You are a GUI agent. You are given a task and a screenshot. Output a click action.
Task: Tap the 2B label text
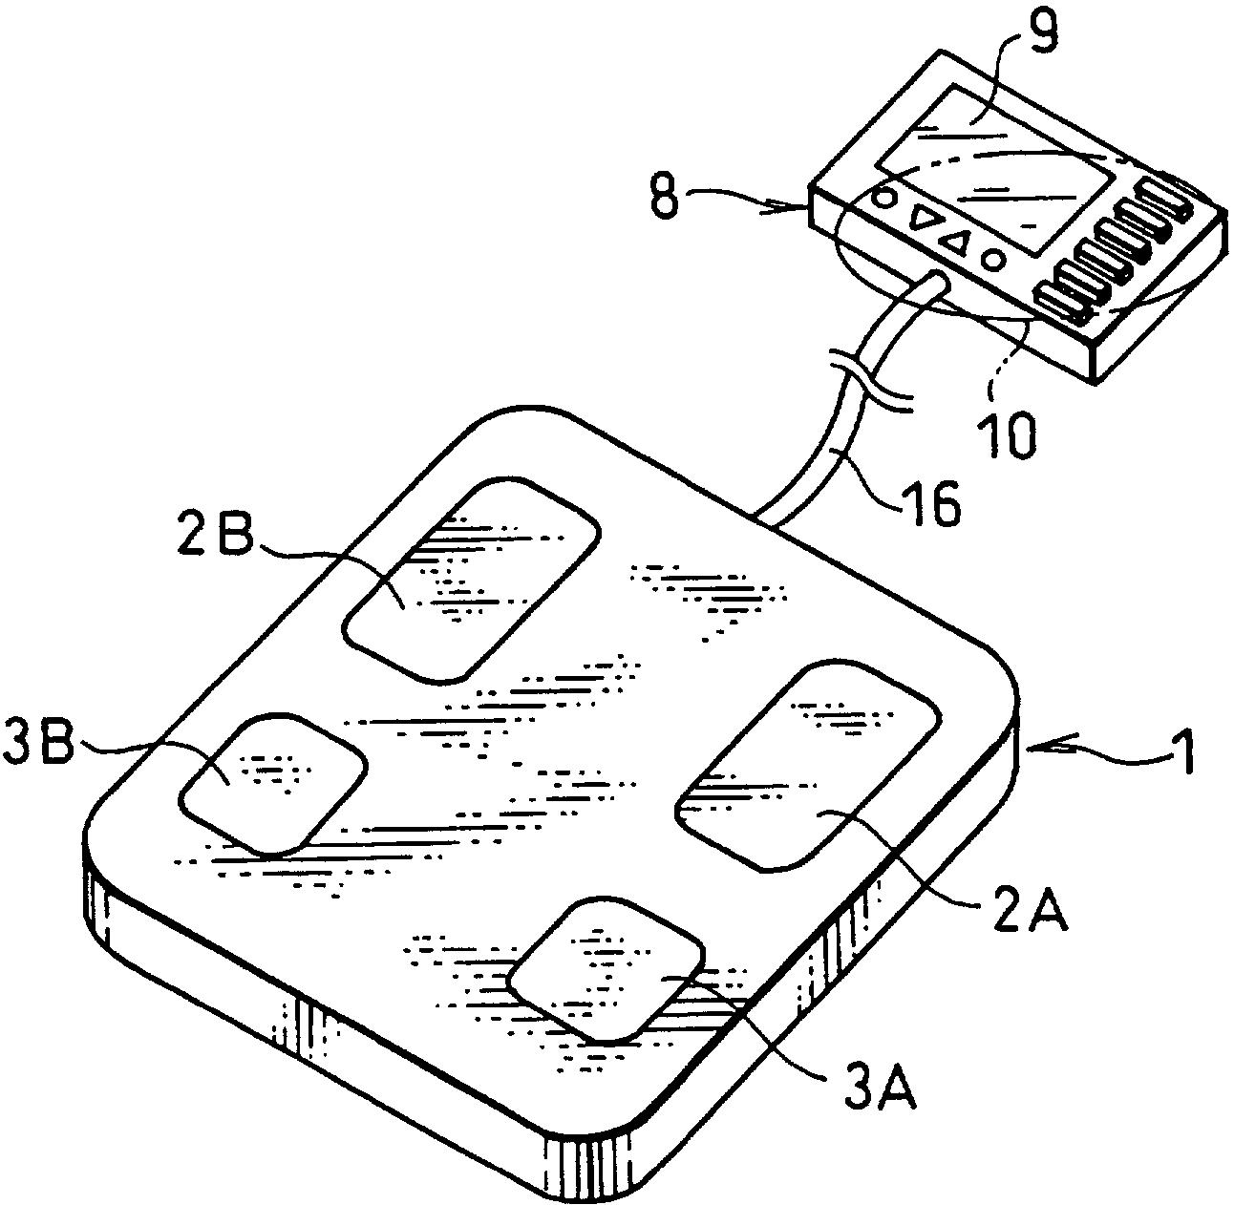pos(215,538)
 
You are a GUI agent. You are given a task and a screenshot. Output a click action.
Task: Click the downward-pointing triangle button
pos(923,222)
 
